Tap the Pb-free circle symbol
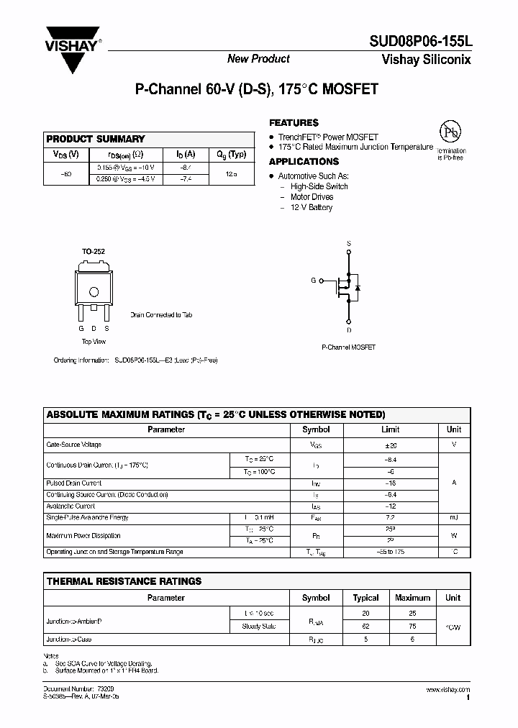[x=450, y=133]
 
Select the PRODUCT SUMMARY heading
[x=96, y=139]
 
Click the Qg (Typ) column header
[x=232, y=154]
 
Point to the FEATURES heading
[x=294, y=123]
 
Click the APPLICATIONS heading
[x=304, y=162]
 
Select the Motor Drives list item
[x=312, y=197]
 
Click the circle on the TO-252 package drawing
[x=94, y=291]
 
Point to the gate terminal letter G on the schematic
[x=314, y=280]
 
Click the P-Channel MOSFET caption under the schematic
[x=348, y=347]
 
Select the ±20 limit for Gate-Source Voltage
[x=389, y=445]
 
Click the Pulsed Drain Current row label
[x=74, y=483]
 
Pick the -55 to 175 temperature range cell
[x=389, y=552]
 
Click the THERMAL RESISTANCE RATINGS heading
[x=124, y=581]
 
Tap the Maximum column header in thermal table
[x=413, y=598]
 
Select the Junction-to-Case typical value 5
[x=365, y=639]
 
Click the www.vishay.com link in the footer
[x=447, y=690]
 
